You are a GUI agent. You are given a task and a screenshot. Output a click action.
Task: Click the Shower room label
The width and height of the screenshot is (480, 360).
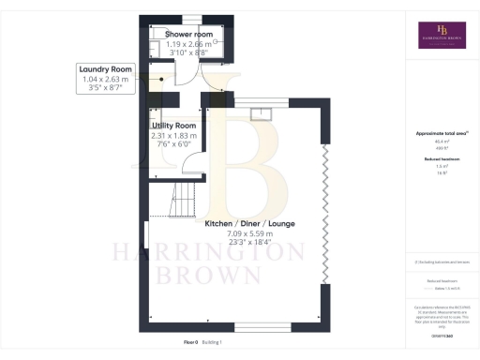(x=189, y=35)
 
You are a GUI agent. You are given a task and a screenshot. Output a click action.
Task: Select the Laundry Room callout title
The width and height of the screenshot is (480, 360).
(x=106, y=68)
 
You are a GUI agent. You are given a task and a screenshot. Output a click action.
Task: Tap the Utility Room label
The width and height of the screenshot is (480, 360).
(x=173, y=125)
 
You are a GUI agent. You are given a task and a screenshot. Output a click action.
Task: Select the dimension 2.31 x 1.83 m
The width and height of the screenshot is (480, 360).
(x=173, y=135)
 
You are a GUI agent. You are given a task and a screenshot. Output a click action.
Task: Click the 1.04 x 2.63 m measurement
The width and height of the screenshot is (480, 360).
(x=106, y=80)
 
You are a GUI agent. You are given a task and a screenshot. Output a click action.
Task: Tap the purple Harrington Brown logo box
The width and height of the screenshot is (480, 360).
(x=442, y=35)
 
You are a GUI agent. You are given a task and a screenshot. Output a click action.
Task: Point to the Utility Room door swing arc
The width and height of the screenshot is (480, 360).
(x=193, y=169)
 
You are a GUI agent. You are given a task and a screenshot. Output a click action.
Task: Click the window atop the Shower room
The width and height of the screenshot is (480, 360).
(x=189, y=19)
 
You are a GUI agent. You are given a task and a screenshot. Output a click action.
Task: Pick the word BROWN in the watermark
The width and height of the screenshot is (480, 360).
(x=221, y=275)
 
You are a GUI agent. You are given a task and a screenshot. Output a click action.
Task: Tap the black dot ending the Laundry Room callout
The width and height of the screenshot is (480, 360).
(x=161, y=80)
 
